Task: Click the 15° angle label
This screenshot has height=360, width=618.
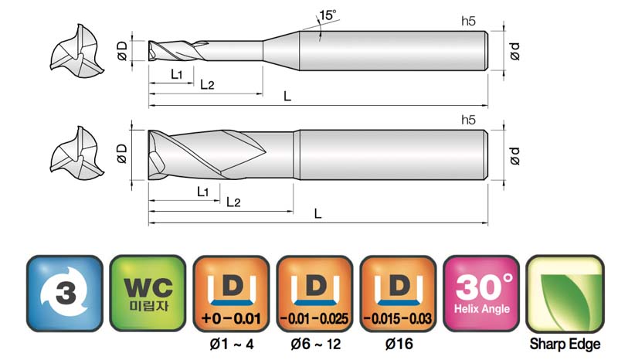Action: click(x=328, y=15)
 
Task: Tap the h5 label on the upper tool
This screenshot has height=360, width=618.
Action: click(x=468, y=21)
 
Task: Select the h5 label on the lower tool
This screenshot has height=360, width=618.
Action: click(x=468, y=120)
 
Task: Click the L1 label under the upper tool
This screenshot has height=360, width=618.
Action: click(x=177, y=74)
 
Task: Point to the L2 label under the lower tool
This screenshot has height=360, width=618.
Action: click(x=233, y=202)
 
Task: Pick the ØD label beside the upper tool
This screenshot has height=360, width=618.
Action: click(x=123, y=51)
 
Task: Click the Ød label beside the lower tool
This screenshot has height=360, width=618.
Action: click(x=514, y=156)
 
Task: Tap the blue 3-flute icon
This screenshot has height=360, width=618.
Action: click(x=65, y=293)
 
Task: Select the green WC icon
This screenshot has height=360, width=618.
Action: click(x=148, y=293)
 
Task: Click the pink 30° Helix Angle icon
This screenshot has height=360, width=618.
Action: click(x=481, y=293)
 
